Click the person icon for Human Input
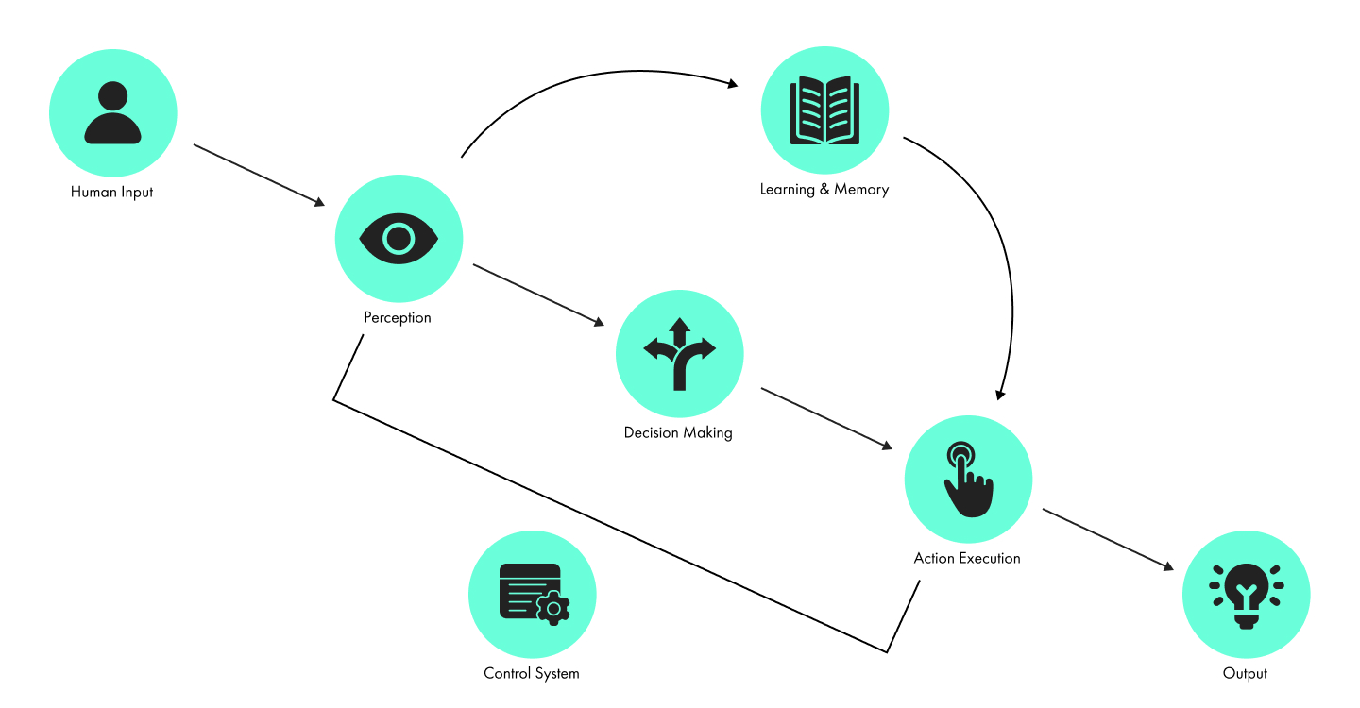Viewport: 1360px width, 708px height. [x=112, y=112]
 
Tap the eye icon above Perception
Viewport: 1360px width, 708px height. [x=399, y=238]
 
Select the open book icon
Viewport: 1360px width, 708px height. [x=824, y=110]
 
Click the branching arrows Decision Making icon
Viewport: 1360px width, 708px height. [x=679, y=353]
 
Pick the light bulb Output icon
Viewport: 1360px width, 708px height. [x=1246, y=595]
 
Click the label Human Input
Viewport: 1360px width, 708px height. [x=111, y=192]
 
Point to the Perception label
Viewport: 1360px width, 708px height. [x=398, y=317]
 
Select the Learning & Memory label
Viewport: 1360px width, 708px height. [x=824, y=189]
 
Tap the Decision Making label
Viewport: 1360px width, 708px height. [x=678, y=432]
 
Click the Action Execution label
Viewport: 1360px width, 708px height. [x=967, y=558]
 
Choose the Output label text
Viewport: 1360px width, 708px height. [x=1245, y=673]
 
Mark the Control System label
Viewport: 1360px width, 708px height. [x=532, y=673]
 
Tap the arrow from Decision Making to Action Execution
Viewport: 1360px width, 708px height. [x=826, y=417]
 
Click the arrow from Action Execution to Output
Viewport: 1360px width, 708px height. [x=1108, y=539]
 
